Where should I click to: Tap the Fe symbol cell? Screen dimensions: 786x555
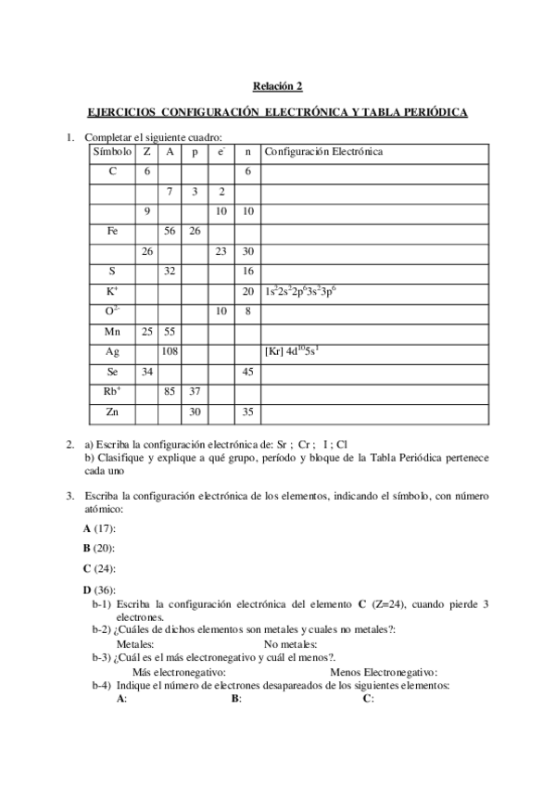pos(112,231)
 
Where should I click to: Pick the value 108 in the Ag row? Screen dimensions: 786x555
pos(170,351)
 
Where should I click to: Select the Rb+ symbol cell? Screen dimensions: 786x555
pos(112,391)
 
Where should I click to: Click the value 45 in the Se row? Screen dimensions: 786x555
pos(247,372)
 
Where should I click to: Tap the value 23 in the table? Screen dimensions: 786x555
pos(221,251)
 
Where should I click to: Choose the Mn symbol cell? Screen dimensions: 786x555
pos(112,331)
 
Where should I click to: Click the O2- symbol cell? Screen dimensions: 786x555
pos(112,311)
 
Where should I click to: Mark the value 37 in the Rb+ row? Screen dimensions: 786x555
pos(195,391)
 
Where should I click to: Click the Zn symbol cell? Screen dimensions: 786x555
pos(112,412)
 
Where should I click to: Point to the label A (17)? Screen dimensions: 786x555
pos(99,528)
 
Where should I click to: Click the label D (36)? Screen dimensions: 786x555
pos(99,589)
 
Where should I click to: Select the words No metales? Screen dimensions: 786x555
pos(291,644)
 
